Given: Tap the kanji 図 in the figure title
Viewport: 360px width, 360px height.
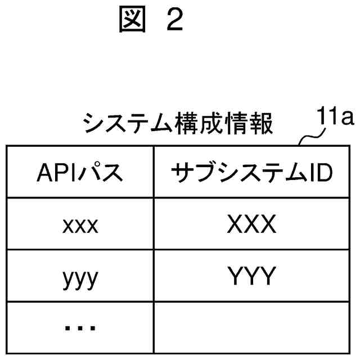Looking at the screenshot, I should [x=132, y=20].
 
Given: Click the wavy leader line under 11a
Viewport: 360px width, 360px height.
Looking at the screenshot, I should [x=311, y=138].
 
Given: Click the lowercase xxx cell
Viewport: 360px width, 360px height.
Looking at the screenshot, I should [x=80, y=226].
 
